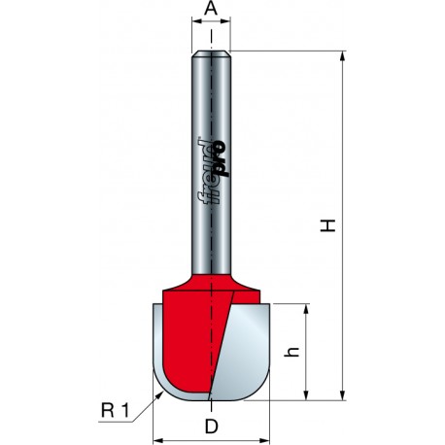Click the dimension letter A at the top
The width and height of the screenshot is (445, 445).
211,9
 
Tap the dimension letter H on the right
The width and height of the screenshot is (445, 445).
327,225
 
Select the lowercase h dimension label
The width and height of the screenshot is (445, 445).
291,352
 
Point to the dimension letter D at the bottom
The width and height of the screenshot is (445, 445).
212,427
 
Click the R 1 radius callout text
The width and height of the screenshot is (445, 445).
116,411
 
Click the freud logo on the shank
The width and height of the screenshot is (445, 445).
213,171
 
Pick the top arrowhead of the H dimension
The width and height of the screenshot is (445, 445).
342,55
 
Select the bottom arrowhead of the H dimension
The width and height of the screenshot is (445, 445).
342,394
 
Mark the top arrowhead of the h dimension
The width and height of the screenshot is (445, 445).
306,309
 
